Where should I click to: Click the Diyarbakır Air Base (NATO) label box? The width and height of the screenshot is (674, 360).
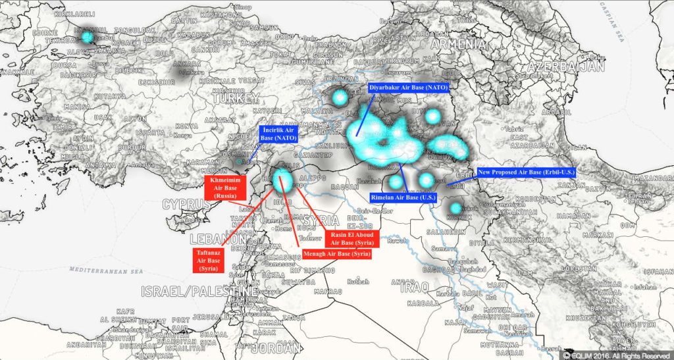pos(408,88)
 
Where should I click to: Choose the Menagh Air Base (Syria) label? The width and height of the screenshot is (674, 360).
pos(336,253)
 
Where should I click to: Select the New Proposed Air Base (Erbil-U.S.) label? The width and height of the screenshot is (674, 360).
pos(526,172)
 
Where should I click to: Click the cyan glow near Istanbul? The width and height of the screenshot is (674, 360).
pos(88,36)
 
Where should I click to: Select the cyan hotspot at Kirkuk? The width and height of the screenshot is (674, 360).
pos(455,209)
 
